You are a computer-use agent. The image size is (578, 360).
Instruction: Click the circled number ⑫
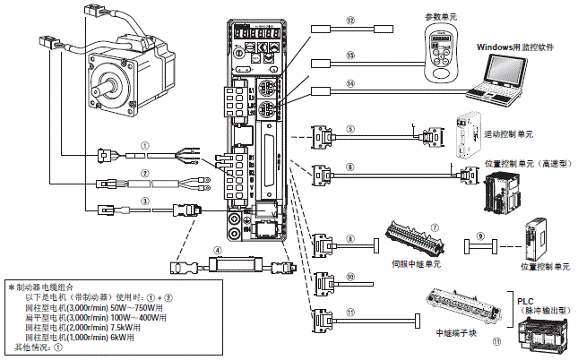click(x=351, y=21)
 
